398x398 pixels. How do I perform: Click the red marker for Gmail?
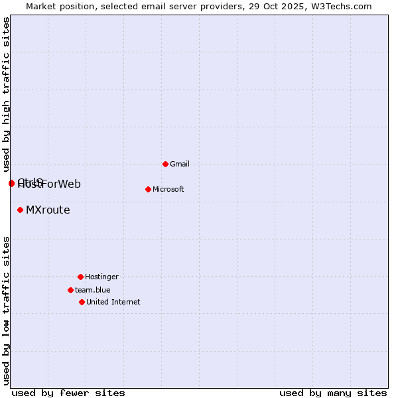pos(165,164)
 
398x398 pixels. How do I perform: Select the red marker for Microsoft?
pos(148,189)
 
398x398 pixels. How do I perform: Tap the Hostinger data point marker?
pos(80,277)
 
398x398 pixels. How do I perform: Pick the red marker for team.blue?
pos(70,290)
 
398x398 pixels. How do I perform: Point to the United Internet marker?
pos(82,302)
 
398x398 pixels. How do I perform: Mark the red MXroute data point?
pos(20,210)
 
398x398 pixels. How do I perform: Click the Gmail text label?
pos(180,164)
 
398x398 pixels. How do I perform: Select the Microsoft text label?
pos(168,189)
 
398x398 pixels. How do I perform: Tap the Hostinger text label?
pos(101,277)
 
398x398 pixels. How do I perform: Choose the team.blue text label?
pos(92,290)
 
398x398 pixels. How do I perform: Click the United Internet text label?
pos(113,302)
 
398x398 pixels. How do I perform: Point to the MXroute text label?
pos(48,210)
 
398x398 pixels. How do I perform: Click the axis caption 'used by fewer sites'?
pos(68,393)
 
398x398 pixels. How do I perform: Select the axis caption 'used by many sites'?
pos(333,393)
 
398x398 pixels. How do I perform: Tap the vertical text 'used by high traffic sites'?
pos(6,94)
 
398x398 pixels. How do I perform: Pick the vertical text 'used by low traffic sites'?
pos(6,310)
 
